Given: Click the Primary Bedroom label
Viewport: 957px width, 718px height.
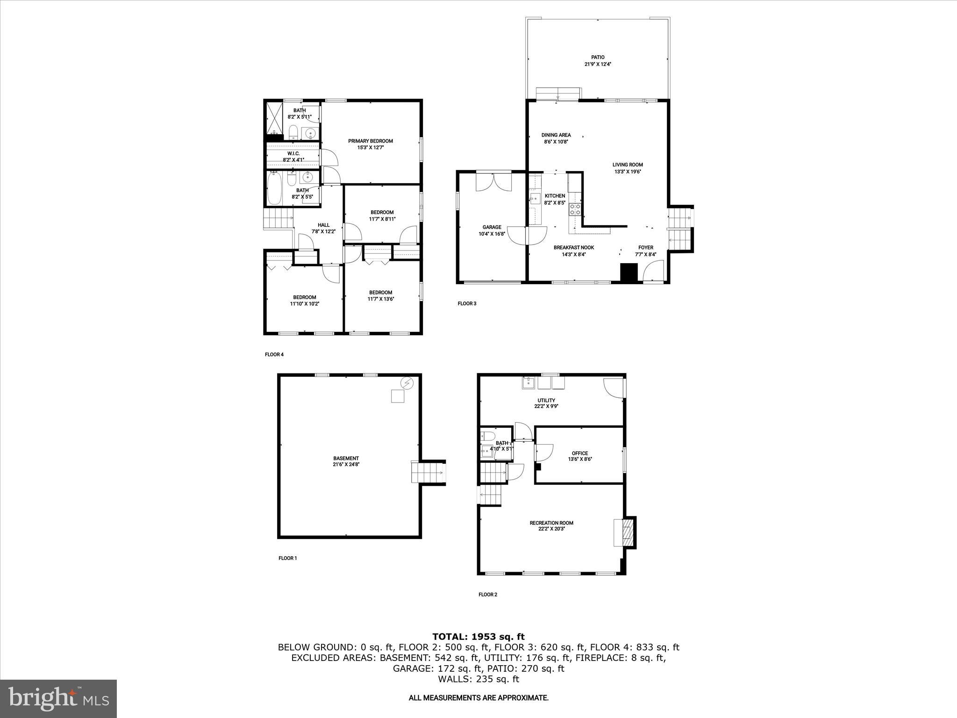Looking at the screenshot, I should (370, 141).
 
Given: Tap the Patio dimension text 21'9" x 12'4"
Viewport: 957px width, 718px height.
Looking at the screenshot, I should (598, 65).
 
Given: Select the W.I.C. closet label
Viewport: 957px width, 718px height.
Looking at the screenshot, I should (293, 153).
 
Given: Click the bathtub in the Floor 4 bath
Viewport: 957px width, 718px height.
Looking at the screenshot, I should (274, 189).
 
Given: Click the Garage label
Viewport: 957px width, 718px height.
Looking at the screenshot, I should (492, 227).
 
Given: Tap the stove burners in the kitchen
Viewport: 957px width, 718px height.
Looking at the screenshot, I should (575, 209).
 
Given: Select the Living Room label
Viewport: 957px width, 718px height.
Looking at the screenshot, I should (628, 165).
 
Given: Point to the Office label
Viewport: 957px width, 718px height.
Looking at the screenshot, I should (580, 453).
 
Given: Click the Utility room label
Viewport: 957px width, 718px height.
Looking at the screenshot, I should (546, 400).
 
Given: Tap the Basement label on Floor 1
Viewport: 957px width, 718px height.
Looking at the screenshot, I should (346, 458).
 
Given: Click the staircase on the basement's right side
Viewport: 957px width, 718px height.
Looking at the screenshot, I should (427, 473).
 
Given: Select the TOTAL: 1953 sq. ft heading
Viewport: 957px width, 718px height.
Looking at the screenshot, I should (478, 637).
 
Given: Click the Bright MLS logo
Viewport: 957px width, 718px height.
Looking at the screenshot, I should (58, 699).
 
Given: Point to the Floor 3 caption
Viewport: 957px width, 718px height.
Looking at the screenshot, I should (467, 303).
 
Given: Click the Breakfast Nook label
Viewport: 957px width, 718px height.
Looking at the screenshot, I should (574, 248).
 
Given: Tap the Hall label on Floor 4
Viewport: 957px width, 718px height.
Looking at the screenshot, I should (323, 225).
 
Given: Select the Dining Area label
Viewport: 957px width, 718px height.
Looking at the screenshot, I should (556, 135).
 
